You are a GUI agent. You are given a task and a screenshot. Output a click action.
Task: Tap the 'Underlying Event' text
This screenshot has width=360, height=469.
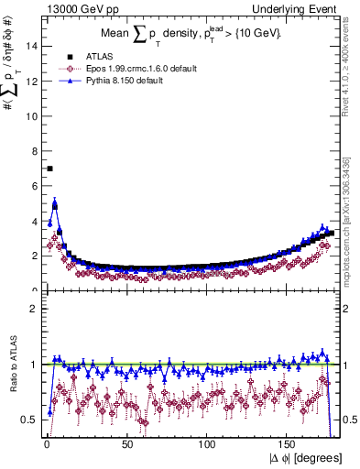coord(299,8)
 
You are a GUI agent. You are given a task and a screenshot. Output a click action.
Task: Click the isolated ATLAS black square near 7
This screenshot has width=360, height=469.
coord(49,169)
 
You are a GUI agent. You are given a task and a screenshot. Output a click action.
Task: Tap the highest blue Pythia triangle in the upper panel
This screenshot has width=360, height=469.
coord(55,203)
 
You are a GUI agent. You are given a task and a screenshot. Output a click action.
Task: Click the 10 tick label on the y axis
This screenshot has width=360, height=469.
coord(32,115)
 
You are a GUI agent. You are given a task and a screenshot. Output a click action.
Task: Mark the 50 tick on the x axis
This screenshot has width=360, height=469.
coord(126,444)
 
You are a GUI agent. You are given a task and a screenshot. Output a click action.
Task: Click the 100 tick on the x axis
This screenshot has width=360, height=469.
coord(207,444)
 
